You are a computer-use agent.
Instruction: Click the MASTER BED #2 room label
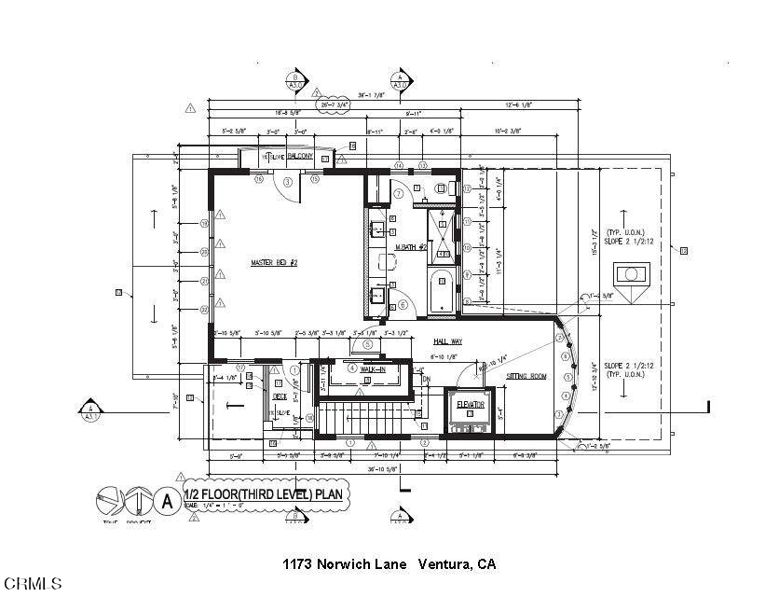[x=273, y=263]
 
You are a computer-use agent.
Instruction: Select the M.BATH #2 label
[x=411, y=247]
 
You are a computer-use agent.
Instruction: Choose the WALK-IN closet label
[x=374, y=368]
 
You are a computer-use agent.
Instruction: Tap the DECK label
[x=278, y=396]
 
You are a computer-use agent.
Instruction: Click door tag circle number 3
[x=288, y=182]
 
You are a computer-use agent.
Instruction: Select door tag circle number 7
[x=397, y=193]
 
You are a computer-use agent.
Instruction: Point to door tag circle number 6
[x=402, y=303]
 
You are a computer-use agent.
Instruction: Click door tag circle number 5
[x=367, y=344]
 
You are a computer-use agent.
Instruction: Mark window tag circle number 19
[x=204, y=223]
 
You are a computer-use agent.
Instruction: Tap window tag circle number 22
[x=204, y=309]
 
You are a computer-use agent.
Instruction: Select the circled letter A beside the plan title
[x=168, y=499]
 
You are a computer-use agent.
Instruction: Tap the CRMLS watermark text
[x=33, y=583]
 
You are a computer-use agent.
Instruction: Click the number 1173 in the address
[x=297, y=564]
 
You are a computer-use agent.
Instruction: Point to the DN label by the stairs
[x=427, y=380]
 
